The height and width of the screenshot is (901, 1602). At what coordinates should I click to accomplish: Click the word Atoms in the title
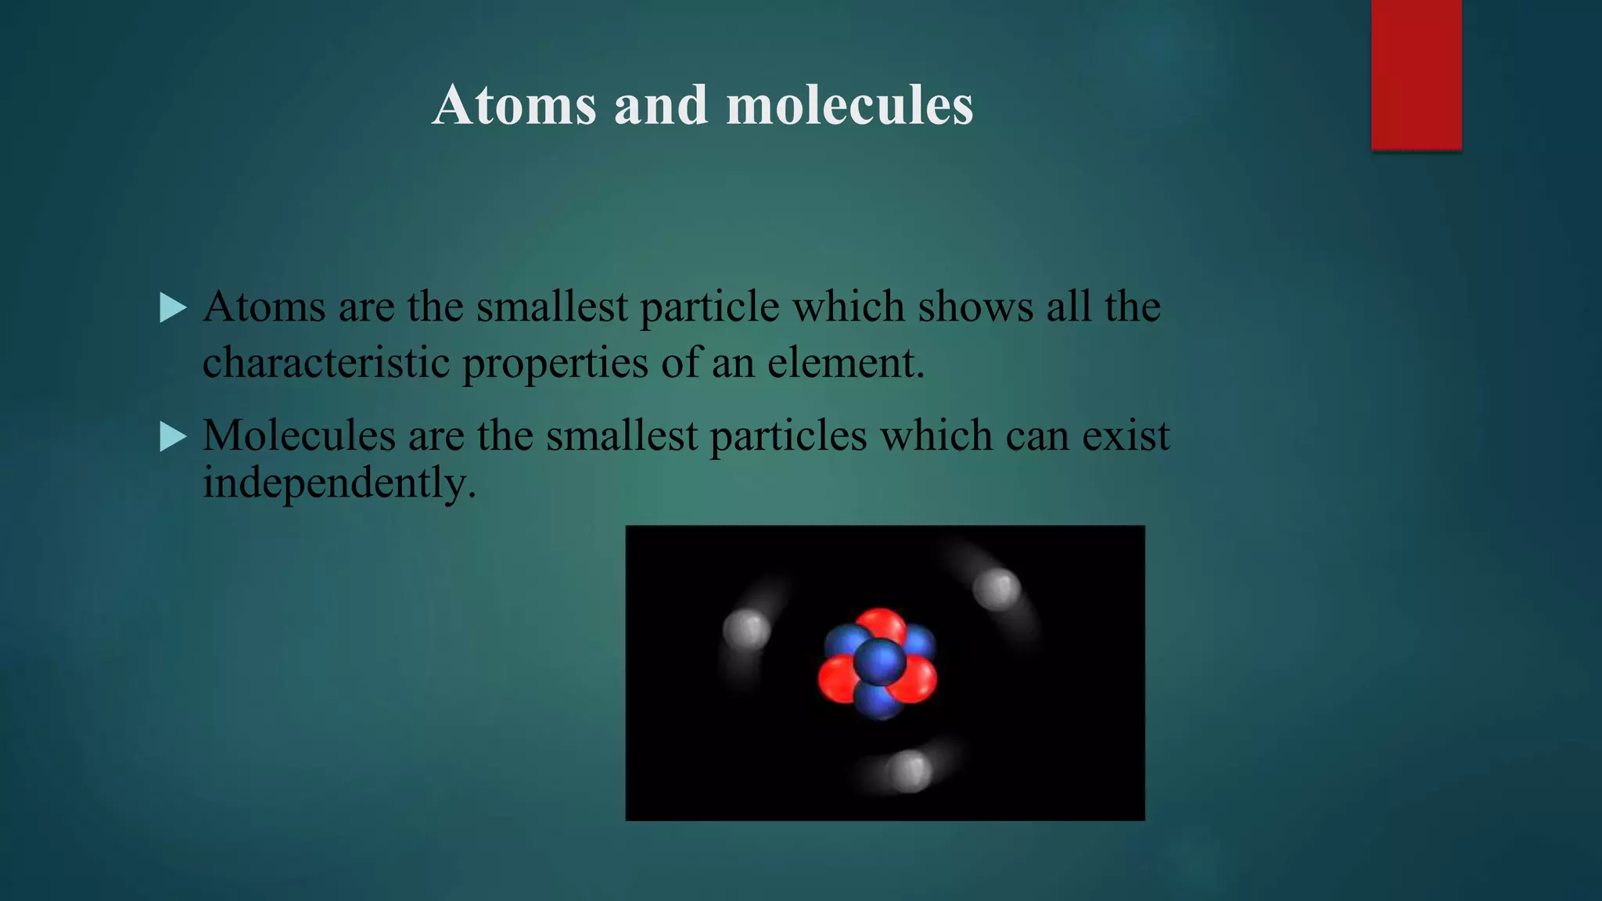514,105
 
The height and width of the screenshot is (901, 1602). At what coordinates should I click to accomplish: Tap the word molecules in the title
849,105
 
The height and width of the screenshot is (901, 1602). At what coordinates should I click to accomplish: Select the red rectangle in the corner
1416,74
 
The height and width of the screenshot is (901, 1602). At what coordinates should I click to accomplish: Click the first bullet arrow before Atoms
172,307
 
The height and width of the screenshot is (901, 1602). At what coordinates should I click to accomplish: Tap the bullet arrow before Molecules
172,436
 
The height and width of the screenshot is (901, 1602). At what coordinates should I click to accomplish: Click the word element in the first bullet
845,363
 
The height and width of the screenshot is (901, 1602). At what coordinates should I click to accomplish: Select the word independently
339,483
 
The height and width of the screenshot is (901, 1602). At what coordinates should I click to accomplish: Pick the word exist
1126,436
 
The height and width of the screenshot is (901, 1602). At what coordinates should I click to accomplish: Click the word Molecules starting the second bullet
299,436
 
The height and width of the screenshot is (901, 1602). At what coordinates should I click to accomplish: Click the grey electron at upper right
997,589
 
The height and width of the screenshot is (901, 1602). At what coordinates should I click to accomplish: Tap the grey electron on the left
745,629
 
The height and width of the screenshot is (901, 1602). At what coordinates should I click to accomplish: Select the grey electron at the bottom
909,770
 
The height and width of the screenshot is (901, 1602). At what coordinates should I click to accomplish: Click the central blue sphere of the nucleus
879,662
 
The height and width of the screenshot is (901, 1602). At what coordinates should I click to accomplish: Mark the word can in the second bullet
1036,436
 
